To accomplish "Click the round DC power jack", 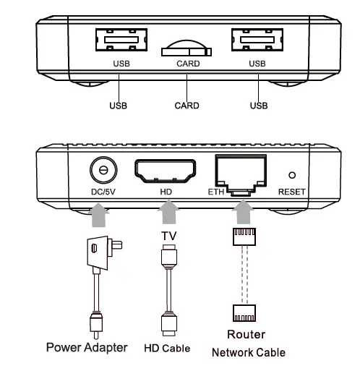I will tap(103, 171).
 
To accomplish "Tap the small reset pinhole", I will tap(291, 175).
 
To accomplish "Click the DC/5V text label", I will tap(103, 192).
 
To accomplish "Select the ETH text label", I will tap(215, 192).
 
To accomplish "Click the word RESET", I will tap(291, 192).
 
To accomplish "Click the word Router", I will tap(246, 334).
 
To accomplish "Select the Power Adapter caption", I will tap(87, 347).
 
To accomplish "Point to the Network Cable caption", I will tap(248, 353).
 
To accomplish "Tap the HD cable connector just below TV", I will tap(168, 255).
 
